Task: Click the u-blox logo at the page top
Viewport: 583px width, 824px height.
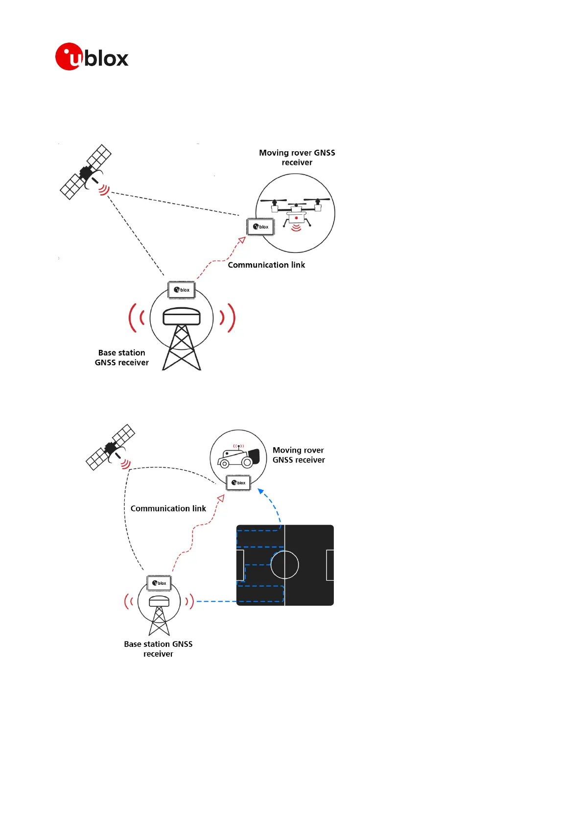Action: click(92, 57)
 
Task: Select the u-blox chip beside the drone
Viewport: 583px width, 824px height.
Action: click(260, 227)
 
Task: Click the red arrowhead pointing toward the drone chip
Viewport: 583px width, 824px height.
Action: click(242, 240)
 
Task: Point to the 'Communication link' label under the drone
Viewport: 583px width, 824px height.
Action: click(266, 265)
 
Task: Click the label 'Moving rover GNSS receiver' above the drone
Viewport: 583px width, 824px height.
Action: click(297, 158)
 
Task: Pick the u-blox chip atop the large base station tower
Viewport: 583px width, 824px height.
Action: click(182, 290)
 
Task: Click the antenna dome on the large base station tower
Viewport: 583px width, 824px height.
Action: click(182, 316)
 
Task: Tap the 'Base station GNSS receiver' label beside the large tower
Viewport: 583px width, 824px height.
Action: click(122, 358)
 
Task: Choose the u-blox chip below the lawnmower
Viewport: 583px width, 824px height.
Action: click(238, 482)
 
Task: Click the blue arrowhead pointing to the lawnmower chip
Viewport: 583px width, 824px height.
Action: click(261, 491)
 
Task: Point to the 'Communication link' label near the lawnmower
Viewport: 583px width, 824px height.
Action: click(168, 508)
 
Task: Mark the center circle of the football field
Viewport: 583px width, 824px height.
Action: click(285, 565)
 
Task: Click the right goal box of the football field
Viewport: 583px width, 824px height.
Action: click(330, 565)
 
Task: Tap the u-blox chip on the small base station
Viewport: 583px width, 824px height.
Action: click(159, 583)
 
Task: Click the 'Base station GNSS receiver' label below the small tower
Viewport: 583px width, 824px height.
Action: click(158, 649)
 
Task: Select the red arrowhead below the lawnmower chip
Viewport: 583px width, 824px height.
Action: click(221, 499)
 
